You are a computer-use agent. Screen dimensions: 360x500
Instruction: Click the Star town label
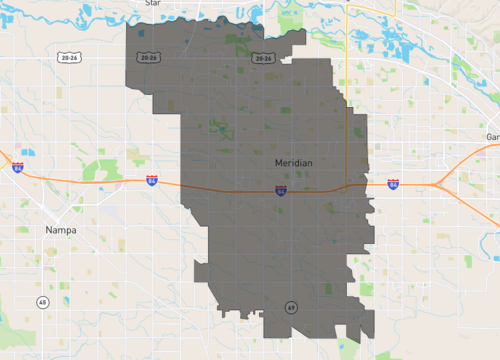pos(152,3)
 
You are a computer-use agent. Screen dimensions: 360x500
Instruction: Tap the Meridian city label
pos(295,162)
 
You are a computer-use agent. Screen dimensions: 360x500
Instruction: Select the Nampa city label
pos(60,230)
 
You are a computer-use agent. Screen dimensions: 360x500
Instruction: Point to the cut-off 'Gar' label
pos(491,136)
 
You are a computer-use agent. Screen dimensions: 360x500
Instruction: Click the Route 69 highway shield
pos(290,306)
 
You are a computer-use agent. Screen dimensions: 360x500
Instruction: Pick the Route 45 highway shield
pos(42,301)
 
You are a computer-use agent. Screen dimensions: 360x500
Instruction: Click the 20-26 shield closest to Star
pos(150,58)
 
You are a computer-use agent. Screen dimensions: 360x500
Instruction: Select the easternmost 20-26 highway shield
pos(263,58)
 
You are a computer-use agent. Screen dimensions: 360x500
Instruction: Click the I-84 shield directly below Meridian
pos(281,189)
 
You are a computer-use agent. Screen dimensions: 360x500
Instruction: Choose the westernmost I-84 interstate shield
pos(18,168)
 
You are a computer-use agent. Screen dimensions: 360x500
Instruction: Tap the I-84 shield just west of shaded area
pos(151,181)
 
